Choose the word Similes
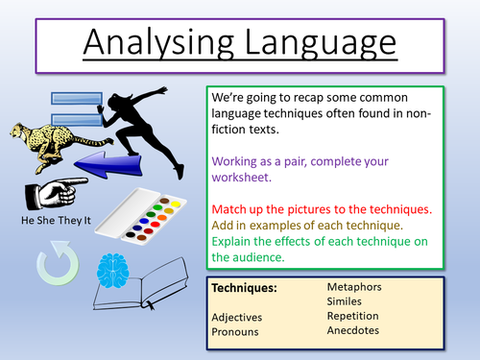pyautogui.click(x=348, y=300)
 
